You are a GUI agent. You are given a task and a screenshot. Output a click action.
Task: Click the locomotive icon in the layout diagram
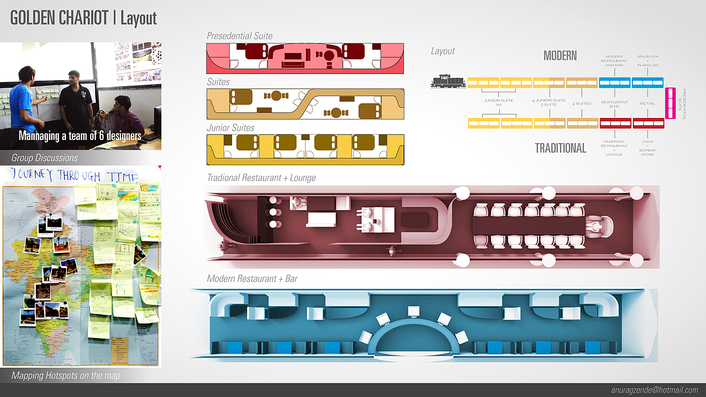coord(448,82)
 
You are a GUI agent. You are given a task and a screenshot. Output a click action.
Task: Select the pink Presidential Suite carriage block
coord(671,103)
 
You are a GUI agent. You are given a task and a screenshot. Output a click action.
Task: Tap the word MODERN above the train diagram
coord(560,55)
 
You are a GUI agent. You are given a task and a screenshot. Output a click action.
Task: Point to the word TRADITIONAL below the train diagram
coord(560,148)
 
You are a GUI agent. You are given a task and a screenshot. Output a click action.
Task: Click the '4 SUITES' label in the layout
coord(581,103)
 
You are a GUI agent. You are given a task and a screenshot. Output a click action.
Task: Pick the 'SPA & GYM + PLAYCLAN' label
coord(647,61)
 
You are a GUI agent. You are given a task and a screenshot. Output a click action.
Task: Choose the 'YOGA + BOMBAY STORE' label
coord(647,148)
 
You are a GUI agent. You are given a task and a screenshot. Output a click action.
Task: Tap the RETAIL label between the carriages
coord(647,103)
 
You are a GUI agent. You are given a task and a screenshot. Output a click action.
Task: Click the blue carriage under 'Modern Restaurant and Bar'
coord(615,83)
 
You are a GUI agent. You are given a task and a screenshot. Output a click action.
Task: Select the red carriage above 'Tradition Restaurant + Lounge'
coord(615,123)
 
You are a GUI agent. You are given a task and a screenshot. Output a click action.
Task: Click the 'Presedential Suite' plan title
coord(240,36)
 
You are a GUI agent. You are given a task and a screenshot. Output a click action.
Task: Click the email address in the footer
coord(655,390)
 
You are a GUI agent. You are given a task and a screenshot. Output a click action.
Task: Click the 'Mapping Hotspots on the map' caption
coord(66,376)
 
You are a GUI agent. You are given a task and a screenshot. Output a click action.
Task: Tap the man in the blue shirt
coord(22,101)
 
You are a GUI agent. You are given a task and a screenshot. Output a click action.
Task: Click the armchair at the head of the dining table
coord(600,226)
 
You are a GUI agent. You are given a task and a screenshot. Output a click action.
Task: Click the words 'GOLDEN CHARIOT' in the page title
coord(60,18)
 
